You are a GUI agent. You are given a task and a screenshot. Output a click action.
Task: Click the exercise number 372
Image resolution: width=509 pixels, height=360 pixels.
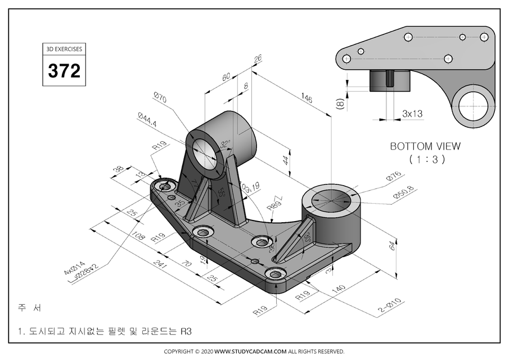pyautogui.click(x=64, y=71)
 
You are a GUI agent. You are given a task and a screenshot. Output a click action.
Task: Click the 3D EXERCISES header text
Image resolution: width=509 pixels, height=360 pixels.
pyautogui.click(x=64, y=49)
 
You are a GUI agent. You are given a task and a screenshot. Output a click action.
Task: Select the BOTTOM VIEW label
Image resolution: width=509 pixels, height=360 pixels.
pyautogui.click(x=425, y=146)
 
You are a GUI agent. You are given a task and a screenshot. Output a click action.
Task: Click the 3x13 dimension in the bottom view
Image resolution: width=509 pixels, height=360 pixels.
pyautogui.click(x=412, y=113)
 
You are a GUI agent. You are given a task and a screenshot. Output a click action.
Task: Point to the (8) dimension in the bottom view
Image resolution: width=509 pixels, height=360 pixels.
pyautogui.click(x=340, y=105)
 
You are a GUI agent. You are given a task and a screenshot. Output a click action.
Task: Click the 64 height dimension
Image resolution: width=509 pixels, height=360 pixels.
pyautogui.click(x=393, y=245)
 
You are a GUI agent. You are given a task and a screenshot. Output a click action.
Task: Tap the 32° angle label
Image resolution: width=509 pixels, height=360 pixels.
pyautogui.click(x=226, y=145)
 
